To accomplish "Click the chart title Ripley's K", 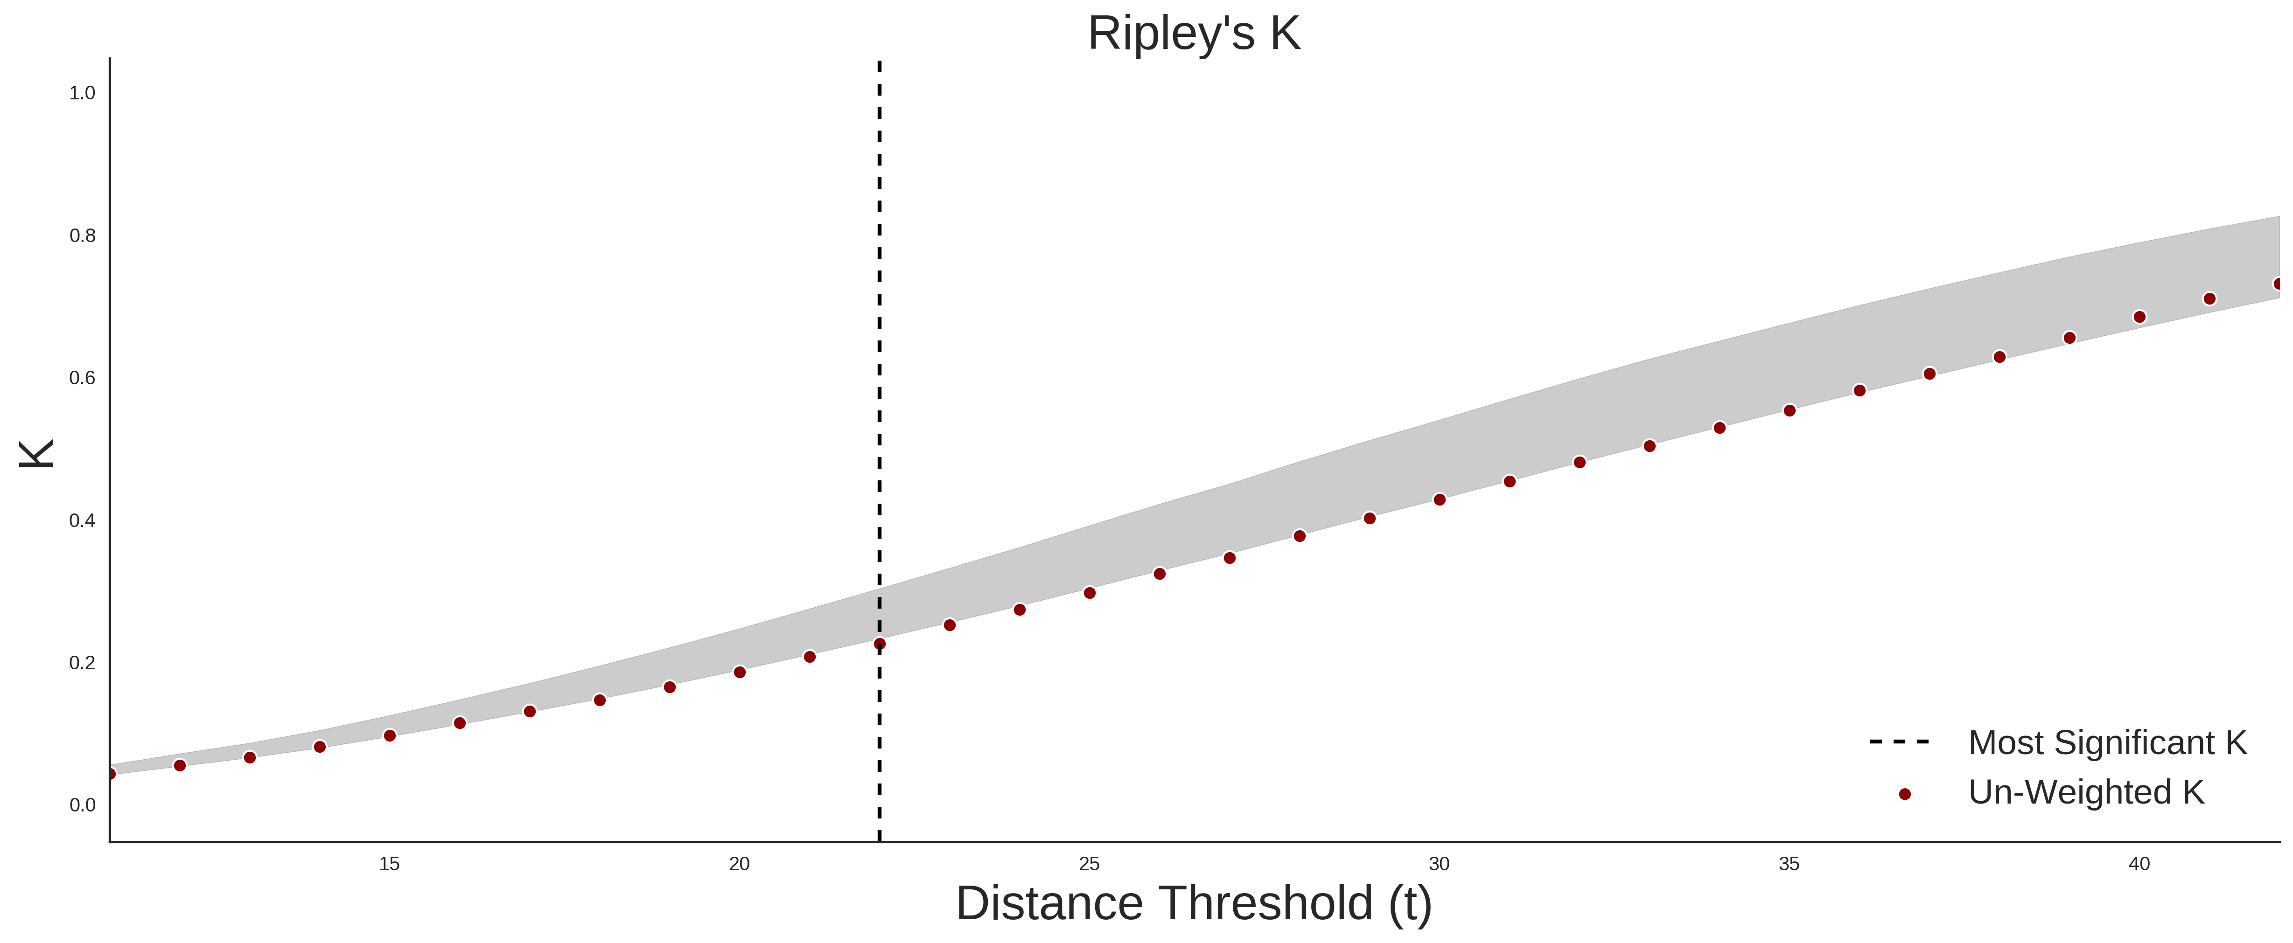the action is tap(1194, 34).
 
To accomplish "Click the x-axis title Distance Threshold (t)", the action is tap(1194, 904).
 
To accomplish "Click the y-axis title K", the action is tap(36, 454).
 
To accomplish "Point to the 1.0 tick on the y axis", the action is tap(82, 93).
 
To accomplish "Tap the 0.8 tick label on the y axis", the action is tap(82, 236).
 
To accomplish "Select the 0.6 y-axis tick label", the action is tap(82, 378).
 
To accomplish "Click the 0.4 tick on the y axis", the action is tap(82, 520).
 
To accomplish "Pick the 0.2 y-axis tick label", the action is tap(82, 663).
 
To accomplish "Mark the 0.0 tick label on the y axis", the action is tap(82, 805).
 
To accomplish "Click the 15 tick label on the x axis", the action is tap(389, 864).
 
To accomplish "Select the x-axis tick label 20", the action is tap(739, 864).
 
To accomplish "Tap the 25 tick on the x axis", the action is tap(1090, 864).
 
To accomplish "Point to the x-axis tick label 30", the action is tap(1440, 864).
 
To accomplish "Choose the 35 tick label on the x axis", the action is tap(1789, 864).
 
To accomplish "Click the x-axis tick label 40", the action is tap(2139, 864).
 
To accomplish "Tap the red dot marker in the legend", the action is tap(1904, 794).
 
